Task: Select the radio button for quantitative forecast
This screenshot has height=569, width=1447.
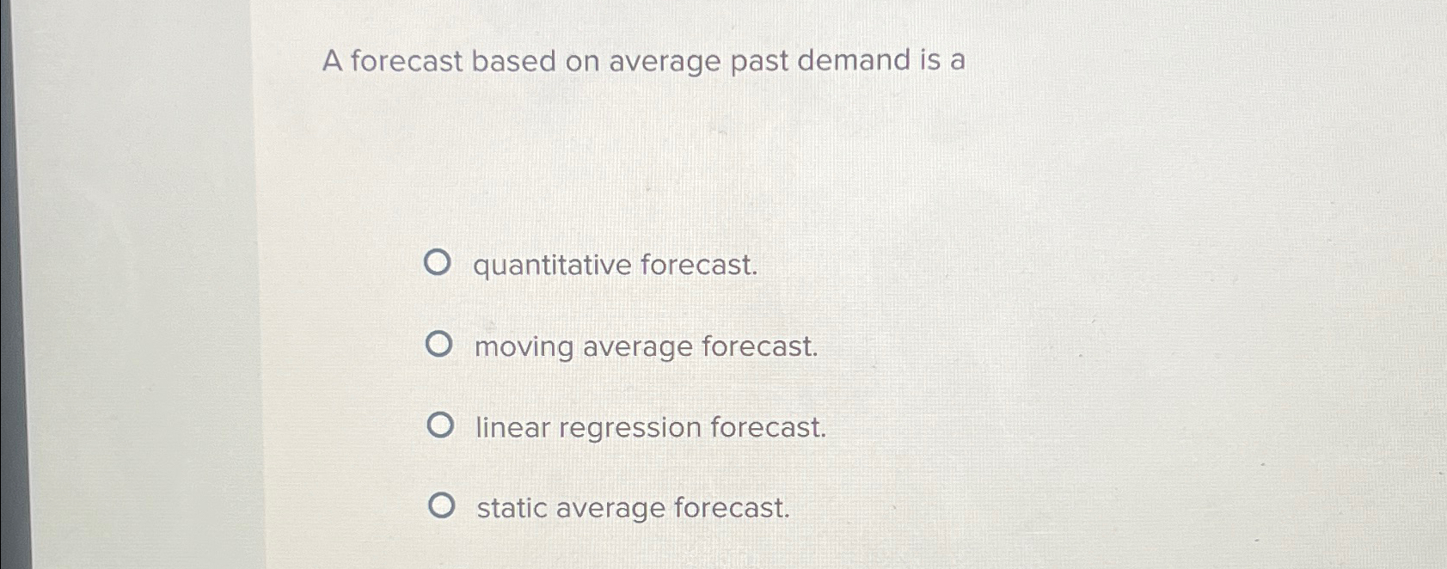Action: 437,263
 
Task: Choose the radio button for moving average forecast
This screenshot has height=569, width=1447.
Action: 438,345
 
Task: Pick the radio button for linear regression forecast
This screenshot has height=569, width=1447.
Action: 440,425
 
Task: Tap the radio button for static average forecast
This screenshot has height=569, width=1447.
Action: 441,506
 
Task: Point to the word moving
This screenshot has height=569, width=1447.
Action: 524,347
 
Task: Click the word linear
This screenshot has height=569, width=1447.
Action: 512,427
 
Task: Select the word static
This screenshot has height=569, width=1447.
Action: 511,508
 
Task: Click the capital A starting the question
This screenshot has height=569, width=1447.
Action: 332,62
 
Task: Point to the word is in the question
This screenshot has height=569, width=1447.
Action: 930,60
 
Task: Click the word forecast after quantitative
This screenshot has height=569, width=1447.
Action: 699,265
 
